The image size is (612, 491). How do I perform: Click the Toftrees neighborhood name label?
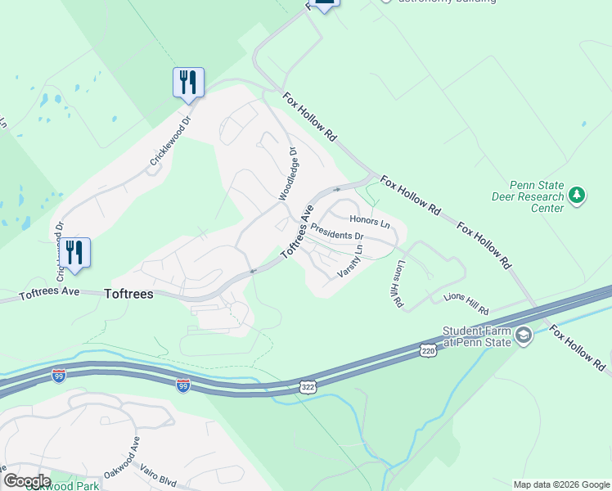point(128,294)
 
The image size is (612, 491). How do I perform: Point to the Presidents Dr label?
point(337,235)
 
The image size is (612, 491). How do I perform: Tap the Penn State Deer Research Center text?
point(528,196)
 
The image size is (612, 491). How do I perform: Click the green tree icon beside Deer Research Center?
point(578,195)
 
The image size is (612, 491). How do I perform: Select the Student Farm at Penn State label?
point(476,336)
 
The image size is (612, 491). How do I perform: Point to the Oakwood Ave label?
point(123,460)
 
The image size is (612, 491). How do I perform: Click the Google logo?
point(27,481)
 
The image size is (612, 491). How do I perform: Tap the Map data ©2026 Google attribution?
point(560,484)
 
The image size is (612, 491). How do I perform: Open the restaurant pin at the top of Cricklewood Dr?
point(188,83)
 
